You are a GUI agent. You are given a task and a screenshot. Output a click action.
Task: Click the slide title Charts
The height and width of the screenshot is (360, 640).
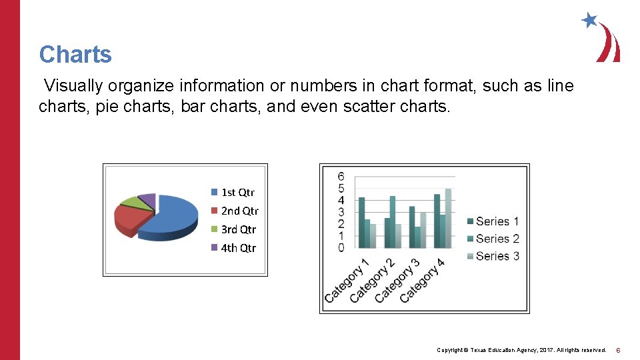pyautogui.click(x=75, y=54)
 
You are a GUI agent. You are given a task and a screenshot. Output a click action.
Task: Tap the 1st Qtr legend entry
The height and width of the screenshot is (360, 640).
pyautogui.click(x=233, y=192)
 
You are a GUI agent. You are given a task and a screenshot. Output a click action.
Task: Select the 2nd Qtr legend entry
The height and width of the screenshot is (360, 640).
pyautogui.click(x=235, y=211)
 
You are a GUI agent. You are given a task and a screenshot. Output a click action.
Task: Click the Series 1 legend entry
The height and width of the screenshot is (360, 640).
pyautogui.click(x=493, y=221)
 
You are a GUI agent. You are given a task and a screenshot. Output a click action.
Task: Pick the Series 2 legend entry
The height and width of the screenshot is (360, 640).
pyautogui.click(x=493, y=239)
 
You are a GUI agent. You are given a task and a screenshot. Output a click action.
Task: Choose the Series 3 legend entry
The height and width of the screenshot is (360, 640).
pyautogui.click(x=493, y=256)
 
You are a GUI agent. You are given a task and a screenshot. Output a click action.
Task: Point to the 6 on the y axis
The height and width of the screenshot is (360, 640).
pyautogui.click(x=341, y=177)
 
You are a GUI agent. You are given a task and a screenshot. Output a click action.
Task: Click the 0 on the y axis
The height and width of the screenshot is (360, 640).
pyautogui.click(x=341, y=248)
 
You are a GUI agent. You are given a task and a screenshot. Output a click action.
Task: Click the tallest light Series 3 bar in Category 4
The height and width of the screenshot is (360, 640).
pyautogui.click(x=448, y=218)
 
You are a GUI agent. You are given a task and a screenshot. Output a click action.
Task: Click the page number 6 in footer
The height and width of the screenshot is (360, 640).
pyautogui.click(x=618, y=350)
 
